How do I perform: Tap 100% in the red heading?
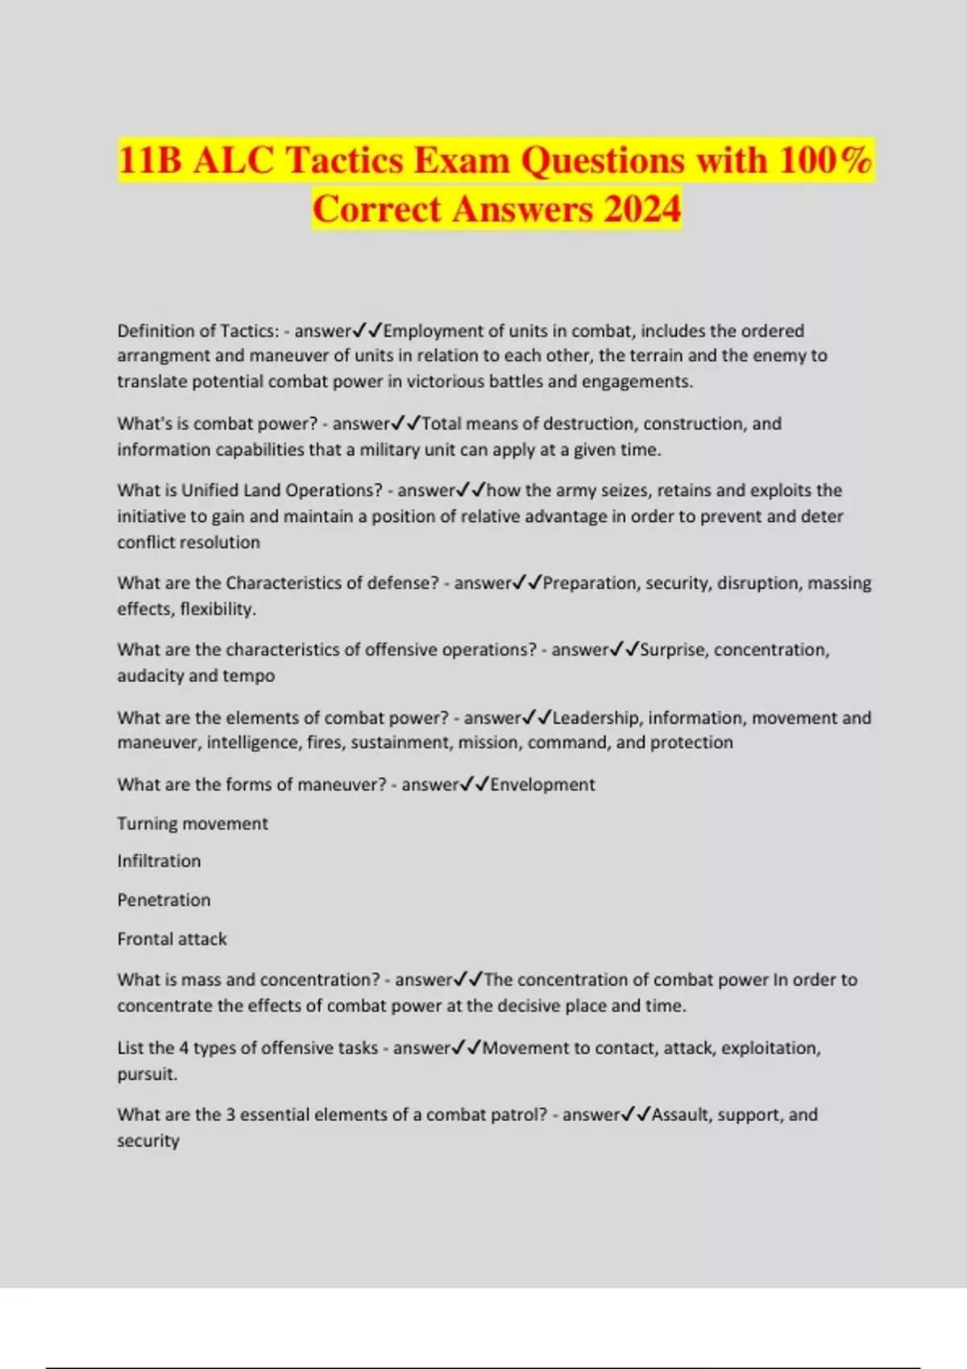point(825,160)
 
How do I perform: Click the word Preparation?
point(592,583)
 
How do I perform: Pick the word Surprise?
point(672,650)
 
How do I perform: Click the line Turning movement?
point(193,824)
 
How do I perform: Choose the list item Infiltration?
point(159,861)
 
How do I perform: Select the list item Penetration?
point(164,900)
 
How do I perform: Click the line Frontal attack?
point(172,939)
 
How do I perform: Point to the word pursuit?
point(146,1074)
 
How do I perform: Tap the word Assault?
point(680,1115)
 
